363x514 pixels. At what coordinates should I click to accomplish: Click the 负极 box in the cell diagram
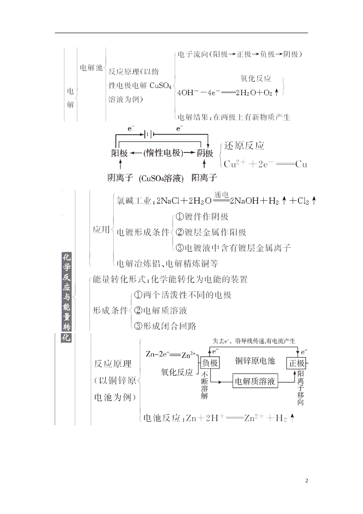pos(210,363)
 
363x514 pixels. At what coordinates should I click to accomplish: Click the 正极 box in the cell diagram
pos(297,363)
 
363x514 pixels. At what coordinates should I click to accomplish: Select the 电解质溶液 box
pos(255,381)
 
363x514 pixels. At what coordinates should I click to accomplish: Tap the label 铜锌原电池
pos(254,361)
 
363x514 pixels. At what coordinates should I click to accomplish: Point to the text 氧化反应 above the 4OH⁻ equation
pos(256,79)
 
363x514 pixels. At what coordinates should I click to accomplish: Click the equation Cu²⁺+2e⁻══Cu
pos(265,164)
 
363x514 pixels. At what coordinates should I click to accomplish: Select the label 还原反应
pos(244,146)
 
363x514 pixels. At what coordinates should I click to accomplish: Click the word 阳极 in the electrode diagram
pos(120,153)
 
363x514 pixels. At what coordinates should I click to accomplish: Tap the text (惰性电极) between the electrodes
pos(163,153)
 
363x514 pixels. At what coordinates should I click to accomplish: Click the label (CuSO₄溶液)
pos(161,178)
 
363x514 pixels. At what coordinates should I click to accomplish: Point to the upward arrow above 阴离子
pos(121,164)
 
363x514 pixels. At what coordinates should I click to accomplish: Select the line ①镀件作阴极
pos(202,217)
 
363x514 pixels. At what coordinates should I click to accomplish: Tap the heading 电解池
pos(91,68)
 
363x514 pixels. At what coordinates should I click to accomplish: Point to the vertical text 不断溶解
pos(204,385)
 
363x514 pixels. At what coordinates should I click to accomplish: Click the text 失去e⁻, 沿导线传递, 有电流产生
pos(254,341)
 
